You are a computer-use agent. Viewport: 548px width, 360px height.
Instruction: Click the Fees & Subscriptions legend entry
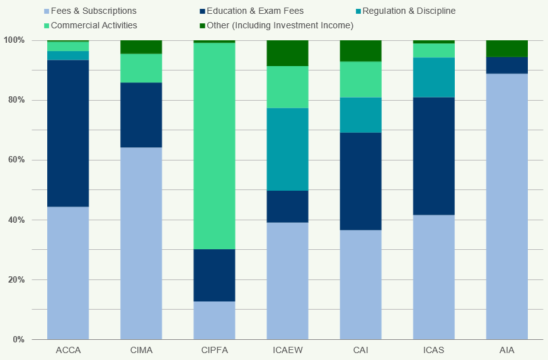point(93,11)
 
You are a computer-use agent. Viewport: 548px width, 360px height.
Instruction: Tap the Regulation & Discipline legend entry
point(409,11)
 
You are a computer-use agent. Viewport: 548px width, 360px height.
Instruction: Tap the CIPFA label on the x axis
point(214,351)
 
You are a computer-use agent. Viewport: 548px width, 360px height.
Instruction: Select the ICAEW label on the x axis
point(287,351)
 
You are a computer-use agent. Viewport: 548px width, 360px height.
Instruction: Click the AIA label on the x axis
point(506,351)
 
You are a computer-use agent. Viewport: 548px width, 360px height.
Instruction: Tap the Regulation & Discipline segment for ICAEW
point(287,149)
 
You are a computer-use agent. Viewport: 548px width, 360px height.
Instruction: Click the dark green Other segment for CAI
point(360,50)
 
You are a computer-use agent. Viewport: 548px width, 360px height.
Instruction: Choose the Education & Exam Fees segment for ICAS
point(433,156)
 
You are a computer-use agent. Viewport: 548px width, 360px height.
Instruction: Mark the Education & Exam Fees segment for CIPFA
point(214,275)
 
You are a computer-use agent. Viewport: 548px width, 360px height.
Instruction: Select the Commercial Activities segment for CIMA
point(141,68)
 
